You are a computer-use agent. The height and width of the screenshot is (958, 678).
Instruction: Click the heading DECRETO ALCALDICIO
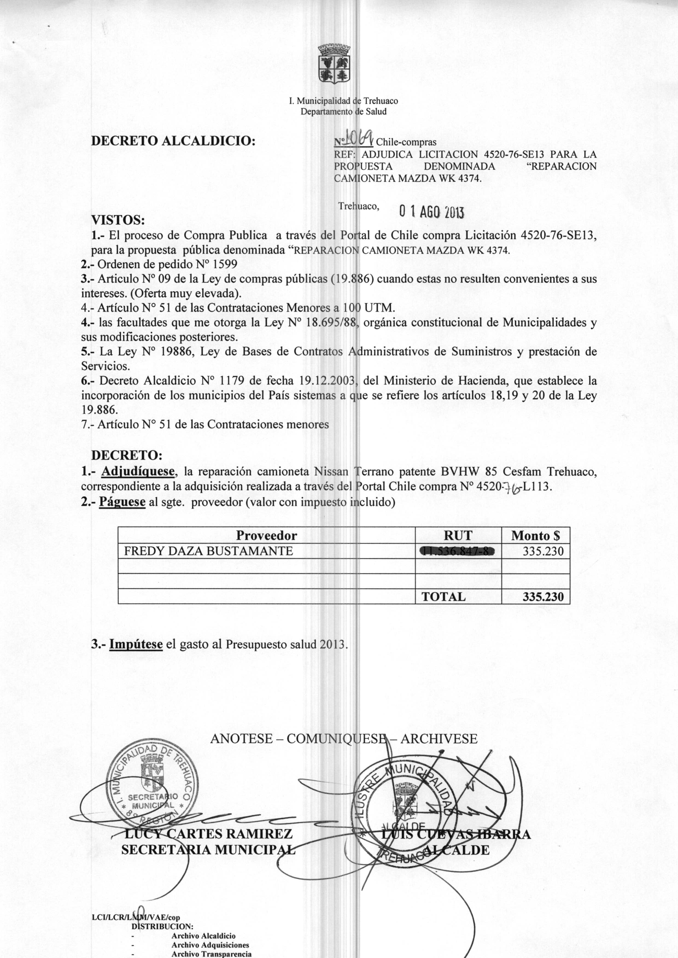tap(173, 141)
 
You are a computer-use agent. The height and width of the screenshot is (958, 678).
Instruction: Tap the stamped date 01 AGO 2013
tap(431, 212)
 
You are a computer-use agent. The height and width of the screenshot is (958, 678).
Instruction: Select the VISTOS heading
tap(118, 220)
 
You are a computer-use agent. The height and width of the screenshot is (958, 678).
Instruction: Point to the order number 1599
tap(225, 264)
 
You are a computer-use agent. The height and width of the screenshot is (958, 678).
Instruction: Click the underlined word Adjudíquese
tap(138, 472)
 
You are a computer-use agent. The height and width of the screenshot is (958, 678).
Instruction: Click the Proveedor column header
tap(266, 536)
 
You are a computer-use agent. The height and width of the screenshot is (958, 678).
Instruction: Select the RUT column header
tap(458, 536)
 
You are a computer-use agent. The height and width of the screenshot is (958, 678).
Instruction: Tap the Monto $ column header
tap(535, 536)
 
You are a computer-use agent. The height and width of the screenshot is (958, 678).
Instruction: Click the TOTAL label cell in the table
tap(443, 597)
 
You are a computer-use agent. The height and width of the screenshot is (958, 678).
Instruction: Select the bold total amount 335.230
tap(543, 597)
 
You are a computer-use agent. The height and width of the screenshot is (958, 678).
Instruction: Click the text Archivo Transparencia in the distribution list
tap(211, 954)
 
